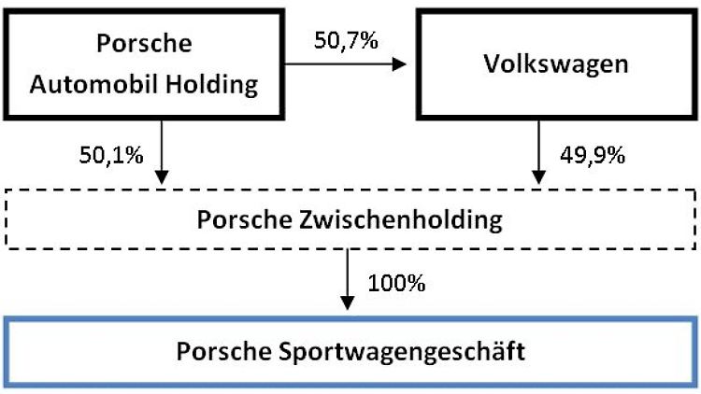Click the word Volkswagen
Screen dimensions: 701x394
tap(556, 64)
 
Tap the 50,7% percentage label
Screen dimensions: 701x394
tap(346, 40)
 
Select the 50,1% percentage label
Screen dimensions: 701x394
tap(111, 156)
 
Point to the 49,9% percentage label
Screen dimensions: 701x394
tap(593, 156)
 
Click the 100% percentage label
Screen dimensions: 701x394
tap(396, 283)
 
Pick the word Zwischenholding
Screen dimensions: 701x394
tap(401, 219)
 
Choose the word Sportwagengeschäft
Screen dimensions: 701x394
tap(402, 352)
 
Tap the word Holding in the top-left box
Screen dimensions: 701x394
tap(212, 85)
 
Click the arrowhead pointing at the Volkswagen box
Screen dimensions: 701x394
tap(399, 64)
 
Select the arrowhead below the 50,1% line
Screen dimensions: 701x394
tap(162, 177)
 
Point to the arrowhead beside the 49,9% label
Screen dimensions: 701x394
tap(538, 177)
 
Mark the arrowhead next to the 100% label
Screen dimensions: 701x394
tap(348, 303)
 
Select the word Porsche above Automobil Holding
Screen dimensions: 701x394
tap(144, 43)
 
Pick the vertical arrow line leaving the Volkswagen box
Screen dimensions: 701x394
tap(538, 152)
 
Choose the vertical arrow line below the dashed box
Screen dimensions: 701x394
tap(348, 279)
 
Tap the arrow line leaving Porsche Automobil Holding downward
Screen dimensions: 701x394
tap(162, 152)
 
